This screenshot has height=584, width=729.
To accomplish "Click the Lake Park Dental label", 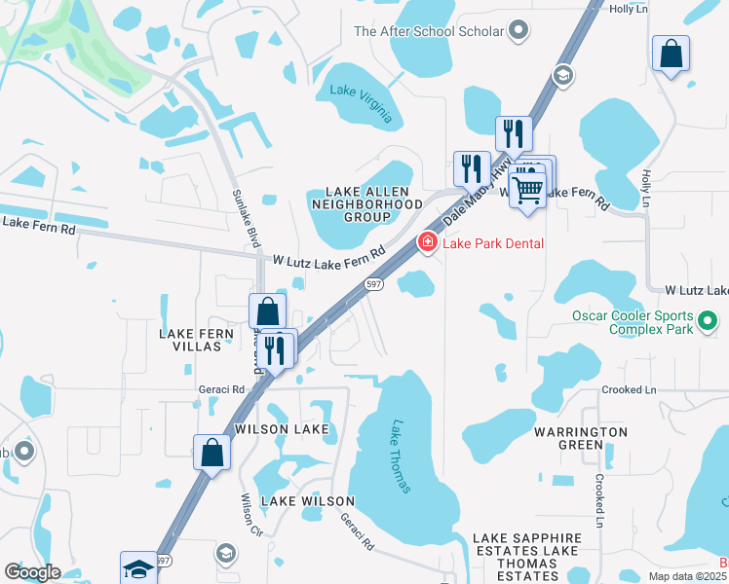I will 493,243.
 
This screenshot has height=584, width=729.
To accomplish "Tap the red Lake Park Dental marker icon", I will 427,242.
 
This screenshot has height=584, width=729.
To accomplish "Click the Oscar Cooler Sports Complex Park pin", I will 708,317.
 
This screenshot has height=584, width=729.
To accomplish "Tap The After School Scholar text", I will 429,31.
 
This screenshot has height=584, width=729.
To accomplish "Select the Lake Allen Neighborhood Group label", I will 360,203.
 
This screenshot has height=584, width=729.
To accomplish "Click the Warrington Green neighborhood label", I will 581,438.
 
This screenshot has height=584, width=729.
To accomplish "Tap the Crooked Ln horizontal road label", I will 630,389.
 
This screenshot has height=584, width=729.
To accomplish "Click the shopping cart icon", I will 527,187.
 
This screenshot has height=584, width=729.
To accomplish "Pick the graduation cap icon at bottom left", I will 138,568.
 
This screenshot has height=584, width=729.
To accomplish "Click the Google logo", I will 32,572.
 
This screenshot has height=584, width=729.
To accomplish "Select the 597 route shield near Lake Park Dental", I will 373,283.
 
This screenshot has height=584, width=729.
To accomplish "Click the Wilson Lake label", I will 282,428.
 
